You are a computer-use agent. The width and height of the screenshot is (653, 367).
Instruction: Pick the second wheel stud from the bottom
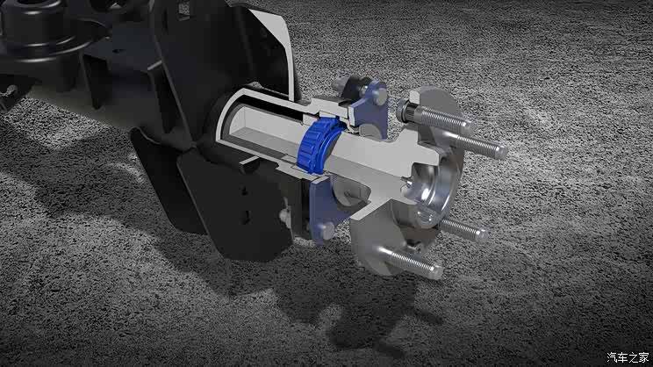[463, 229]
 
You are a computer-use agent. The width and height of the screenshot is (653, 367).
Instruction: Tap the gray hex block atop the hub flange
[415, 98]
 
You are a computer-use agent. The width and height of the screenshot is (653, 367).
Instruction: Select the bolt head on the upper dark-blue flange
[378, 96]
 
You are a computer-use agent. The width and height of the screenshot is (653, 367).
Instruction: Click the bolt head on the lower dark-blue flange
[326, 230]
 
